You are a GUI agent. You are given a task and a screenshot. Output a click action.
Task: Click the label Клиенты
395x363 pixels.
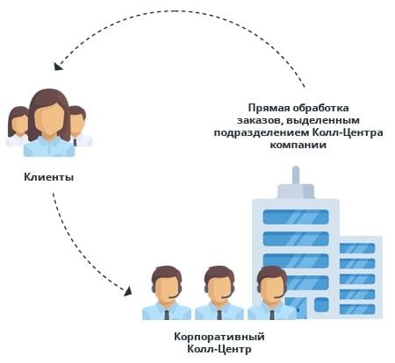click(x=49, y=177)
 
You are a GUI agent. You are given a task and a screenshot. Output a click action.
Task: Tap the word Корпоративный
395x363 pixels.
click(x=219, y=337)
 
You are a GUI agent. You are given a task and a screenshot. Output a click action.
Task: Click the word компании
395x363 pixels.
click(x=298, y=146)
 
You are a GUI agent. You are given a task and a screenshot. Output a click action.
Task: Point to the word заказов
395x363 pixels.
click(x=260, y=121)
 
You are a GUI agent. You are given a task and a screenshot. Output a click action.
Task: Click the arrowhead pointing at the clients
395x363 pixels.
click(x=58, y=66)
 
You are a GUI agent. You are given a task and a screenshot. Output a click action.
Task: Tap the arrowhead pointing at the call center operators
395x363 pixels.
click(x=128, y=291)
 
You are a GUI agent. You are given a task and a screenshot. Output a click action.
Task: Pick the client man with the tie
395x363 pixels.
click(x=80, y=126)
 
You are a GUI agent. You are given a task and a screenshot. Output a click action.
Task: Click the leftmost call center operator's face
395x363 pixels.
click(x=166, y=288)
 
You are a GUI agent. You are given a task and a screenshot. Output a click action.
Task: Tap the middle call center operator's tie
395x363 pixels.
click(x=219, y=315)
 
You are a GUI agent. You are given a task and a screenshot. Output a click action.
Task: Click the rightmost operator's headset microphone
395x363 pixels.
click(x=278, y=296)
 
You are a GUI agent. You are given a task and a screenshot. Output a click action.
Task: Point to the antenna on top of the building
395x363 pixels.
click(x=296, y=175)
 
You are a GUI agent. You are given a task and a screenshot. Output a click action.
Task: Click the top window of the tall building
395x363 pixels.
click(x=296, y=217)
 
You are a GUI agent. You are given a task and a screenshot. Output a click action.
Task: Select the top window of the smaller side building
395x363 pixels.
click(x=357, y=248)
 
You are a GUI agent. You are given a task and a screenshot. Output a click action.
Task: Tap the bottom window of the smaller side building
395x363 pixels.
click(x=357, y=310)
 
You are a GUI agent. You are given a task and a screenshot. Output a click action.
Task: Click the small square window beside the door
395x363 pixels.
click(x=321, y=305)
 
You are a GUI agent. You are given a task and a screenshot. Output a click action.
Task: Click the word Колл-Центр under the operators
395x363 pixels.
click(x=219, y=349)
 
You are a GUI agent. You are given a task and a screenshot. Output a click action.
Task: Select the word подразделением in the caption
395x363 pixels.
click(x=262, y=133)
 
